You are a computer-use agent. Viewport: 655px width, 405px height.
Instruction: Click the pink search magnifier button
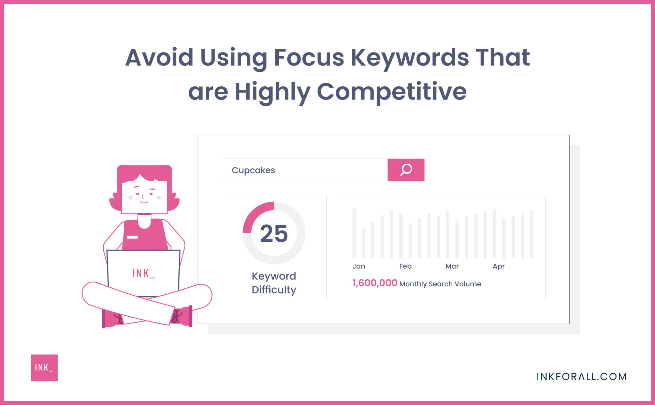(x=406, y=170)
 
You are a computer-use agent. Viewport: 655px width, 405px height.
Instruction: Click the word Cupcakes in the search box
(x=253, y=170)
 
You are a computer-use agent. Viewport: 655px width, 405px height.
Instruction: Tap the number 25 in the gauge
(x=274, y=234)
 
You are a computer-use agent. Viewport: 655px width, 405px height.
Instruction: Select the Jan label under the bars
(x=359, y=266)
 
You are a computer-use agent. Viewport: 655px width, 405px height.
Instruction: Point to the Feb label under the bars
(x=405, y=266)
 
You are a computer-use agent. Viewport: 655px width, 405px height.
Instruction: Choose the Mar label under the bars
(x=452, y=266)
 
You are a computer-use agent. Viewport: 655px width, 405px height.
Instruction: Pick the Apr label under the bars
(x=498, y=267)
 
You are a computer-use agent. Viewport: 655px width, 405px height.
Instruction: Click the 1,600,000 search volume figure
(x=375, y=283)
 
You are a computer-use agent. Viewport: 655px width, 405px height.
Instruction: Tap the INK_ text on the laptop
(x=143, y=273)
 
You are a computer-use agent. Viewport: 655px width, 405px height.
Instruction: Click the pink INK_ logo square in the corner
(x=44, y=367)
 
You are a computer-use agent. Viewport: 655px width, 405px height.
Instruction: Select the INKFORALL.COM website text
(x=582, y=376)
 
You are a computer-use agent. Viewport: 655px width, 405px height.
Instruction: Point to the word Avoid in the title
(x=159, y=57)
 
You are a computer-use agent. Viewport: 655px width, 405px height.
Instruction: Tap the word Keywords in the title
(x=410, y=57)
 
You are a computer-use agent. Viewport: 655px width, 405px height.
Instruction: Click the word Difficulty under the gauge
(x=274, y=290)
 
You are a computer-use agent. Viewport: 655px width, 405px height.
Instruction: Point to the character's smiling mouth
(x=144, y=202)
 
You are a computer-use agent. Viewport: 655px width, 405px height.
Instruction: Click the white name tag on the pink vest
(x=132, y=237)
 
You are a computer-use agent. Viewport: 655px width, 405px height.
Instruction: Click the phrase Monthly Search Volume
(x=440, y=284)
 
